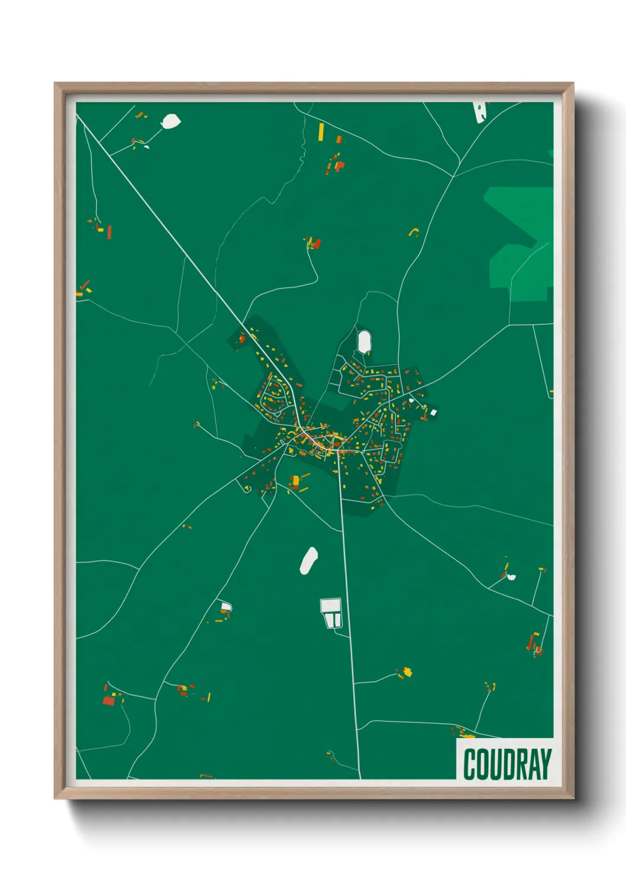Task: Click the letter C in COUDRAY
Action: pyautogui.click(x=470, y=764)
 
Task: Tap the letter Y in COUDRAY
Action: pyautogui.click(x=544, y=764)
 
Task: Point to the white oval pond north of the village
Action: pyautogui.click(x=363, y=342)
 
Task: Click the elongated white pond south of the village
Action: pyautogui.click(x=308, y=560)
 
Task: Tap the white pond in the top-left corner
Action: pyautogui.click(x=171, y=121)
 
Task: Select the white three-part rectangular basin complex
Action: pyautogui.click(x=331, y=613)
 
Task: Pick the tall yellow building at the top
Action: pyautogui.click(x=321, y=131)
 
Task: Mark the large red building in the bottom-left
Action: pyautogui.click(x=109, y=701)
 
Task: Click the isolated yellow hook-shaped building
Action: pyautogui.click(x=413, y=231)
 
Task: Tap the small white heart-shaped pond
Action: pyautogui.click(x=511, y=577)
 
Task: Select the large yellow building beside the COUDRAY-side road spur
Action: pyautogui.click(x=407, y=672)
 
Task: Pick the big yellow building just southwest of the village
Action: pyautogui.click(x=294, y=480)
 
